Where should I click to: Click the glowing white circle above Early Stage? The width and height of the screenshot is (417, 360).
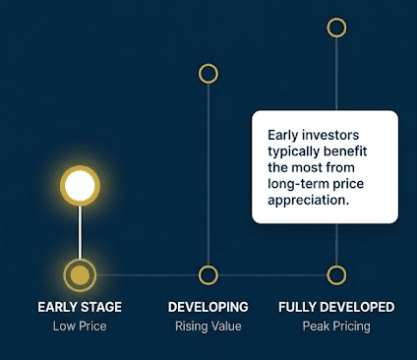tap(80, 186)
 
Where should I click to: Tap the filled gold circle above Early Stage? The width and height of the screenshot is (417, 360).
tap(80, 274)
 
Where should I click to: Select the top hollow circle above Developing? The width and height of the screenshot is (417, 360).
tap(208, 74)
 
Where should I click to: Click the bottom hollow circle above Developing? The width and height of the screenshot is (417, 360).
tap(208, 274)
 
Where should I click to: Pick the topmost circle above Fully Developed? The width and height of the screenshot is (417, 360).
tap(336, 28)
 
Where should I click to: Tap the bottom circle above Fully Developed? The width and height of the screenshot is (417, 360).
tap(336, 274)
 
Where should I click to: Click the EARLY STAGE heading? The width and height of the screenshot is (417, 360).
tap(80, 307)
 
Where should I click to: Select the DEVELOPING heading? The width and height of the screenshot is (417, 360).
tap(208, 307)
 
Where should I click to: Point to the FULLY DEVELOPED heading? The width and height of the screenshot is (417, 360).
tap(336, 307)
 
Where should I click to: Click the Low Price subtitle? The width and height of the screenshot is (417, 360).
tap(80, 327)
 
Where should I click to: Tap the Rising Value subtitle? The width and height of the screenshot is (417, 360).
tap(208, 327)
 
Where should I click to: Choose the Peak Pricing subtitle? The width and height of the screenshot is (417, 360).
tap(336, 327)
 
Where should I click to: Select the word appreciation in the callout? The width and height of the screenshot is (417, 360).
tap(309, 200)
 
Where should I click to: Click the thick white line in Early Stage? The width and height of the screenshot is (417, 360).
tap(80, 232)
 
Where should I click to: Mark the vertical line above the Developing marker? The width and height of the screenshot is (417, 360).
tap(208, 174)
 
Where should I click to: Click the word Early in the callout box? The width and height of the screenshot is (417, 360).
tap(283, 136)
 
